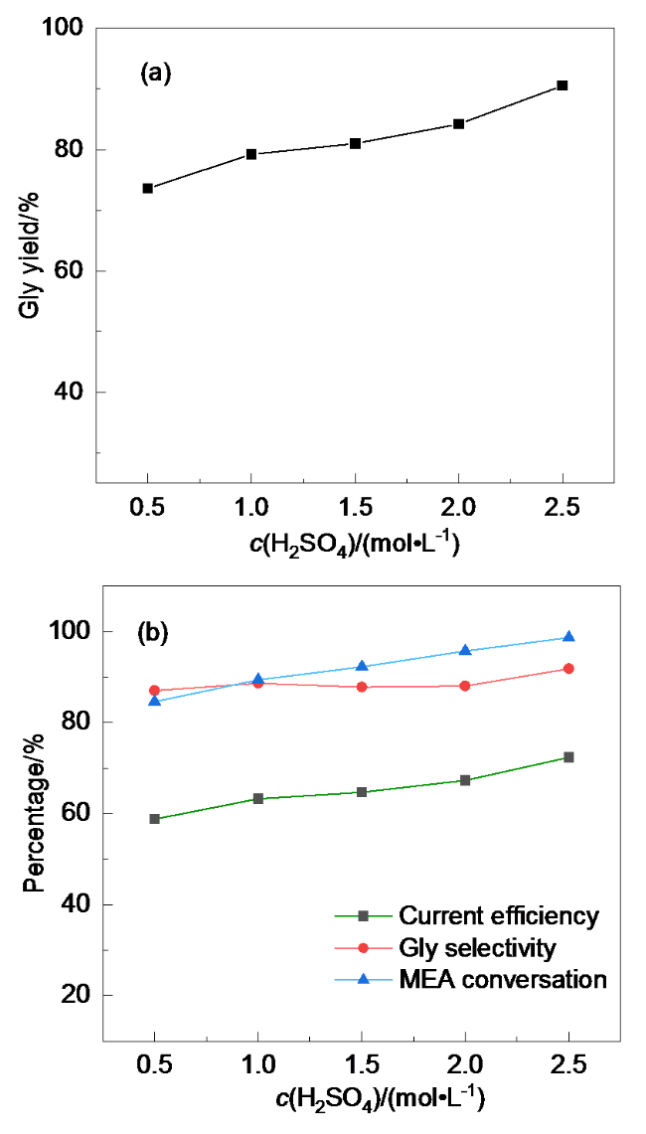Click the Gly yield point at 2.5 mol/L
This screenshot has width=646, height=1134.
point(562,85)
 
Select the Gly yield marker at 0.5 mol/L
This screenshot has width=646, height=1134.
point(148,188)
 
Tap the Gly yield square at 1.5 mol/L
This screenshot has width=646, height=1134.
point(355,143)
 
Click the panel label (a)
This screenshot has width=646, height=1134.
point(156,73)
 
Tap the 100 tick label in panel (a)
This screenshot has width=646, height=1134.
point(62,30)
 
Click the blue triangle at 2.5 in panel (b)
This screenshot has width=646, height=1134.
point(568,637)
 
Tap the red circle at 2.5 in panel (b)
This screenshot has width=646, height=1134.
point(568,669)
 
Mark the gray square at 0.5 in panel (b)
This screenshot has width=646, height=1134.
point(155,819)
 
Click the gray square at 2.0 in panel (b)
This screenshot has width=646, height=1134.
point(465,780)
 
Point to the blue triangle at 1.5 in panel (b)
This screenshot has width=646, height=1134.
point(362,666)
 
